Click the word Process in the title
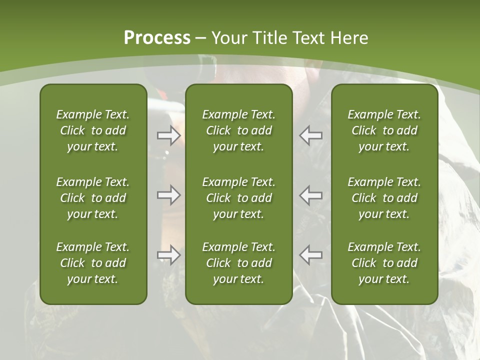pyautogui.click(x=157, y=38)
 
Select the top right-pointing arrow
pyautogui.click(x=168, y=135)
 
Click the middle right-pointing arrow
pyautogui.click(x=168, y=195)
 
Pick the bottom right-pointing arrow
pyautogui.click(x=168, y=255)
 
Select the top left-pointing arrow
pyautogui.click(x=311, y=135)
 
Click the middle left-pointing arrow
pyautogui.click(x=311, y=195)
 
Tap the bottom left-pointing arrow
pyautogui.click(x=311, y=255)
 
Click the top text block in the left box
pyautogui.click(x=93, y=130)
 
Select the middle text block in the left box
pyautogui.click(x=93, y=198)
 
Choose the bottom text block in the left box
pyautogui.click(x=93, y=263)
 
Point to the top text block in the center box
pyautogui.click(x=239, y=130)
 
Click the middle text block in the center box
pyautogui.click(x=239, y=198)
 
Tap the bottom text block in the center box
pyautogui.click(x=239, y=263)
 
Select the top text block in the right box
pyautogui.click(x=384, y=130)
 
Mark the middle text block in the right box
pyautogui.click(x=384, y=198)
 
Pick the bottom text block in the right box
pyautogui.click(x=384, y=263)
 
